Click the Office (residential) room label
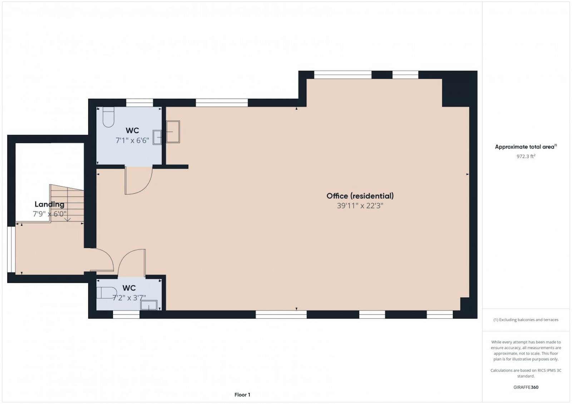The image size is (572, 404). tap(360, 196)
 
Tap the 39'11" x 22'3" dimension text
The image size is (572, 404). tap(360, 206)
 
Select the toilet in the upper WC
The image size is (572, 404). tap(108, 117)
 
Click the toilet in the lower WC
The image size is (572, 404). tap(107, 293)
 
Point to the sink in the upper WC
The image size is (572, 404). tap(157, 137)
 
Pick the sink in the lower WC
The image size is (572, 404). tap(149, 305)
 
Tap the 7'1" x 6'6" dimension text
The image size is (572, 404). tap(132, 140)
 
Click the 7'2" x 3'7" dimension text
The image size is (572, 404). tap(129, 298)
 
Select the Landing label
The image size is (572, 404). tap(50, 204)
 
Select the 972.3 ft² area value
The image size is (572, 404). tap(526, 156)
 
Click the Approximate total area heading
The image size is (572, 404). tap(526, 147)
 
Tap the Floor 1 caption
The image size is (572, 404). tap(242, 395)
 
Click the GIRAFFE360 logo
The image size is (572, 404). tap(526, 387)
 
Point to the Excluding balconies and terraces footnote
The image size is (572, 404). tap(526, 320)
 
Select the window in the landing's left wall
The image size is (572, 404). tap(11, 249)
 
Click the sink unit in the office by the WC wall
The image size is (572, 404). tap(173, 132)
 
